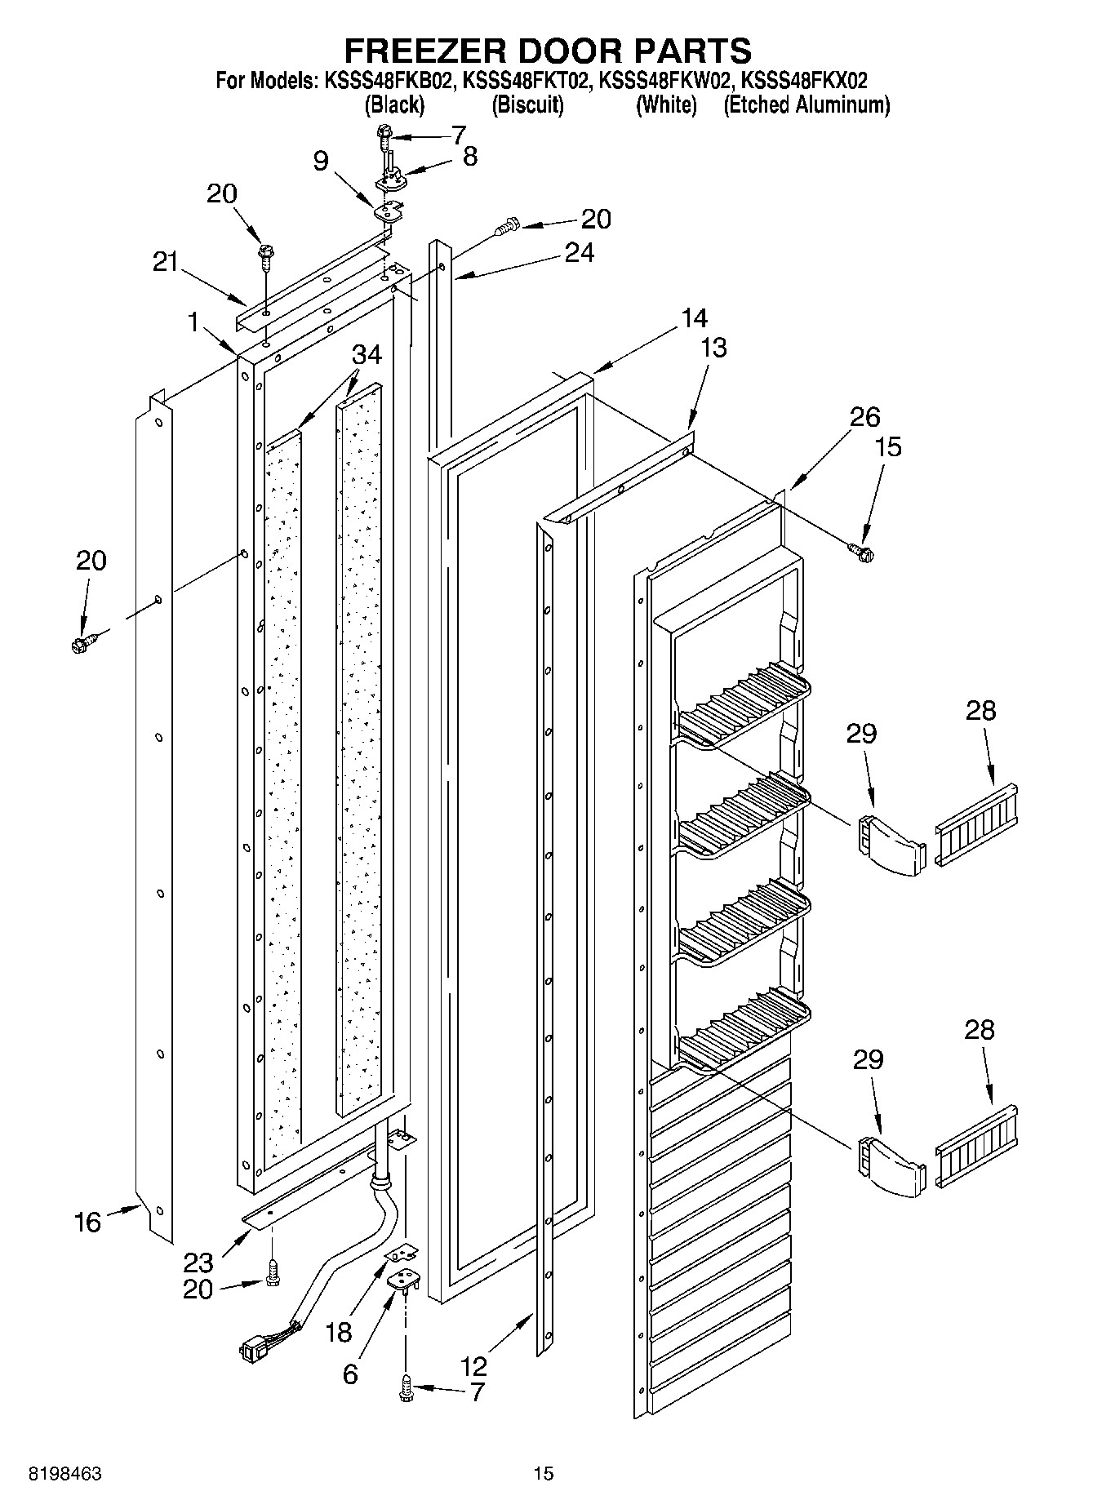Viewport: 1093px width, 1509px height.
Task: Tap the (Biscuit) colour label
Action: tap(527, 104)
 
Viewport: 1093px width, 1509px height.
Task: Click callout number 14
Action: tap(694, 317)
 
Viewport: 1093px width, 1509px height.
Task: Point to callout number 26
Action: tap(864, 417)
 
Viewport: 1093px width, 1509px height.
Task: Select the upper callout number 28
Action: tap(980, 710)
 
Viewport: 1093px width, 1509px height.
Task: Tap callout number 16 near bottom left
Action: tap(87, 1222)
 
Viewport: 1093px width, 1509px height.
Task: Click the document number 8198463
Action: tap(65, 1472)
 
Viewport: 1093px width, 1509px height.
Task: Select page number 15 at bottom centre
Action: tap(544, 1472)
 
